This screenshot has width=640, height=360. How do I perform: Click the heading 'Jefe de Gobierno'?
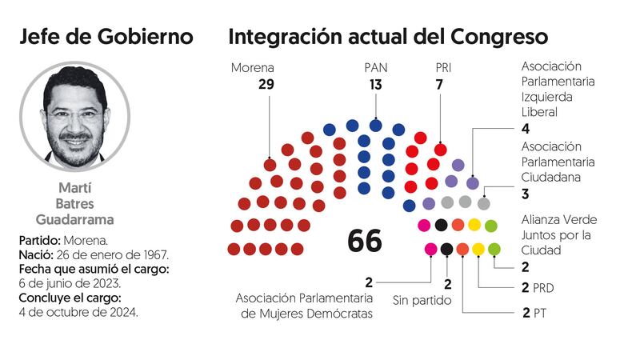coord(106,37)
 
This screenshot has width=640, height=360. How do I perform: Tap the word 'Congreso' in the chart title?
coord(498,37)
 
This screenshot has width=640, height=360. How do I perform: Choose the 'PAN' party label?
coord(375,67)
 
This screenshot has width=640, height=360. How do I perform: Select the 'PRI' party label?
coord(441,67)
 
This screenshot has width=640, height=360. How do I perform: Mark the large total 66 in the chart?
coord(365,240)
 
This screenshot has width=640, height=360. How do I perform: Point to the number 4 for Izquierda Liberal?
coord(526,129)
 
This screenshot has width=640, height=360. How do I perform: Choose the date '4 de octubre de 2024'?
coord(78,312)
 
